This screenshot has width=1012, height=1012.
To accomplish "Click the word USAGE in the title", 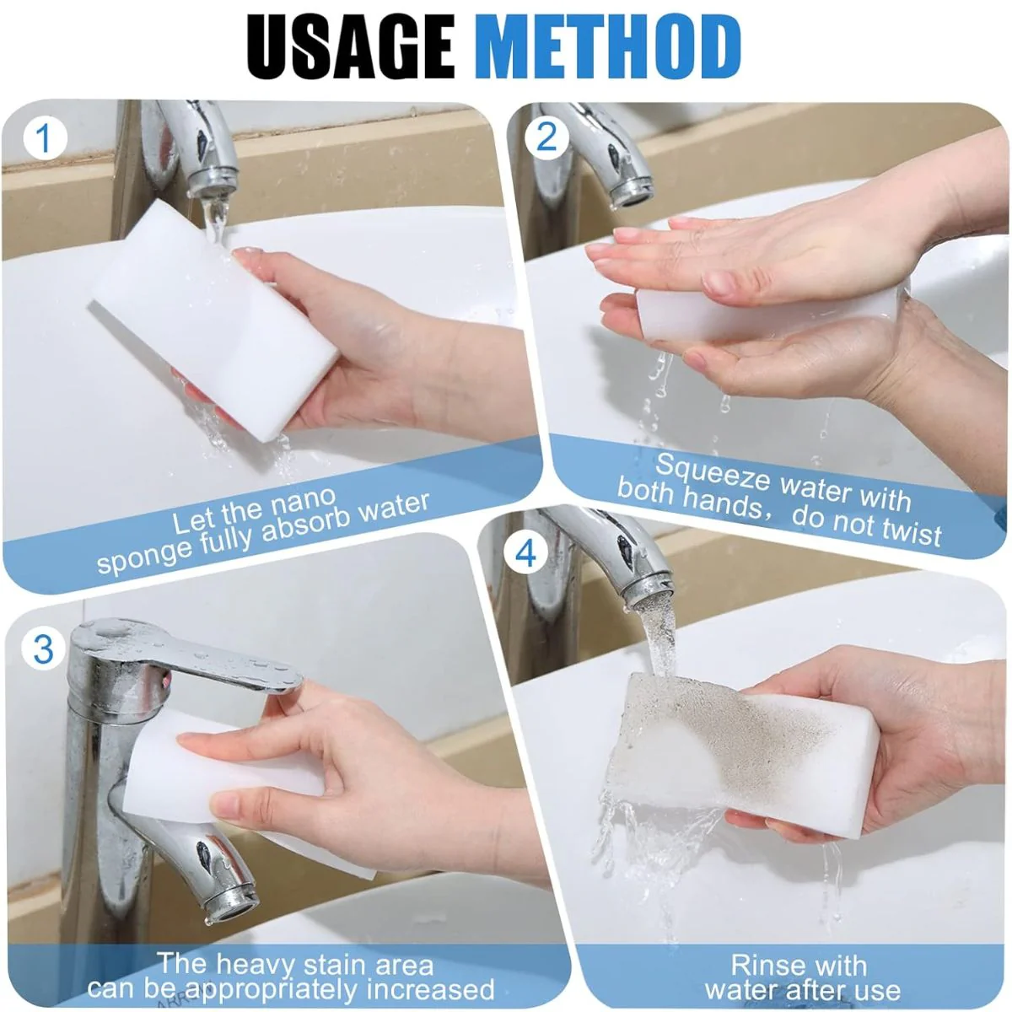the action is (x=350, y=46).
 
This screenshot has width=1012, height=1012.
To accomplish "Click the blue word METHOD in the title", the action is (x=611, y=46).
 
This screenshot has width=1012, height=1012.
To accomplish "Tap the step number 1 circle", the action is (x=45, y=139).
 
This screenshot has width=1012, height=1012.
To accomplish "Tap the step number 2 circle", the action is (x=546, y=138).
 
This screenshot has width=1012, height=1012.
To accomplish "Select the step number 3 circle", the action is (x=44, y=649).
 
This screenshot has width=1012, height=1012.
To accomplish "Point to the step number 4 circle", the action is (x=525, y=553).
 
